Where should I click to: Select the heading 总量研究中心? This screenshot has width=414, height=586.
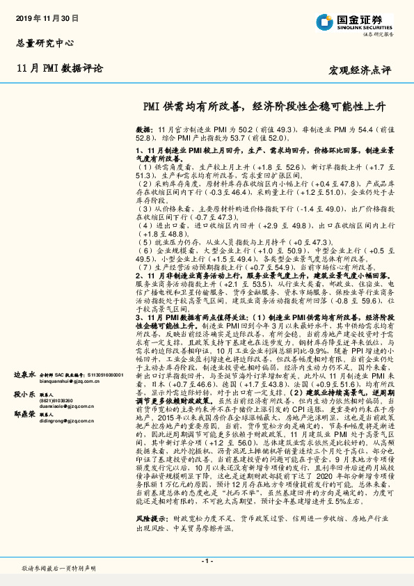pyautogui.click(x=45, y=43)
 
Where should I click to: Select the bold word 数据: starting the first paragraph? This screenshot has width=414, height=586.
pyautogui.click(x=144, y=129)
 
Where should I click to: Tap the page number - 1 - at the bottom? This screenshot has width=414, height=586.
pyautogui.click(x=207, y=560)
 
